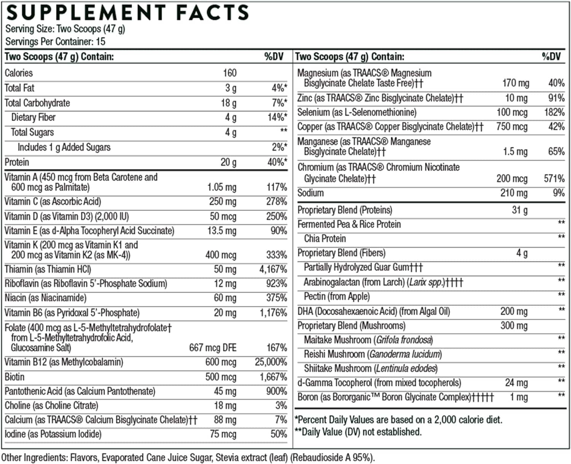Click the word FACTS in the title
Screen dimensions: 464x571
(x=212, y=13)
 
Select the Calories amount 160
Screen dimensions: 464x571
(x=230, y=73)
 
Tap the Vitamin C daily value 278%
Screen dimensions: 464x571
(x=276, y=201)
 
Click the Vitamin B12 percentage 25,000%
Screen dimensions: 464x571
(x=271, y=362)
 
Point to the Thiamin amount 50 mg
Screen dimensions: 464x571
(x=225, y=269)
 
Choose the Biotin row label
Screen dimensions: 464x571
(x=14, y=377)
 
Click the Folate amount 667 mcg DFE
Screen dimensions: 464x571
(x=212, y=348)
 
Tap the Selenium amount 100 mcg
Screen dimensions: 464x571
(x=512, y=112)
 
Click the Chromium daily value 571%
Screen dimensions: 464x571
(x=554, y=179)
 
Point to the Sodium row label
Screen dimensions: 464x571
(x=310, y=193)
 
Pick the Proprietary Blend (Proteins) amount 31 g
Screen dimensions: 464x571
(x=519, y=210)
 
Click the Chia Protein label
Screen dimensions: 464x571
(x=325, y=239)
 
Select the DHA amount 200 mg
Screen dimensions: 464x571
(x=514, y=311)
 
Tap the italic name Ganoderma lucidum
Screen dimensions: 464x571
(x=405, y=354)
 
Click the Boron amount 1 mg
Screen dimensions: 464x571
(x=518, y=397)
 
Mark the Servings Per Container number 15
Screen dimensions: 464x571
(x=100, y=41)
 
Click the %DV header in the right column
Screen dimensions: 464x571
(x=551, y=57)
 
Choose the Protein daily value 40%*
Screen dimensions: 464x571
(x=277, y=162)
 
